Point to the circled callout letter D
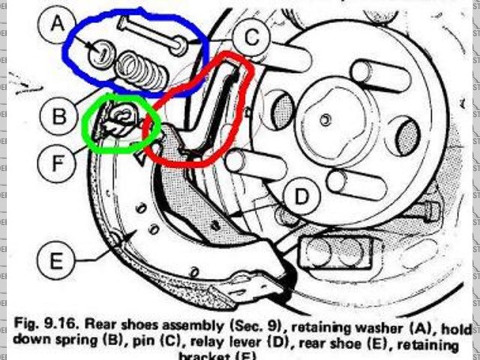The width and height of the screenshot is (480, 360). [301, 197]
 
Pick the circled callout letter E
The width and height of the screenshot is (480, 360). [58, 262]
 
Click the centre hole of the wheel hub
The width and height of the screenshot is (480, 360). [325, 118]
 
